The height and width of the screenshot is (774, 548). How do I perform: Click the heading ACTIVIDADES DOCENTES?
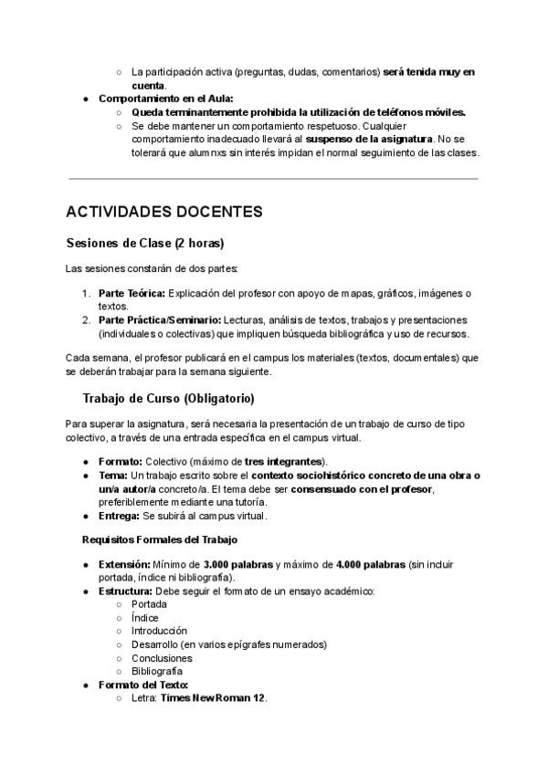163,212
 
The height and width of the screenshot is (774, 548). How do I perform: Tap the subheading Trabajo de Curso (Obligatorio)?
168,399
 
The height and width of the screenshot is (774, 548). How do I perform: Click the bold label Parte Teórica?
132,293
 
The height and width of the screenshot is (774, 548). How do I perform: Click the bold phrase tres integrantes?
285,462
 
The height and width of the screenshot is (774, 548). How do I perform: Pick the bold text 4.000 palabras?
372,564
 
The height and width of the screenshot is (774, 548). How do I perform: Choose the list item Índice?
145,618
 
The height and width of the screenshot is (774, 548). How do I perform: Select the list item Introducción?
160,631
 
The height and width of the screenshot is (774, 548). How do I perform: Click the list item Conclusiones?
163,657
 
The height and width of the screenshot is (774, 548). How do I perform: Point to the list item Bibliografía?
157,671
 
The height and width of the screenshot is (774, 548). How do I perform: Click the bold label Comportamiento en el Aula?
166,99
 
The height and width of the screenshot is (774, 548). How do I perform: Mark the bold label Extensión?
124,564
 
